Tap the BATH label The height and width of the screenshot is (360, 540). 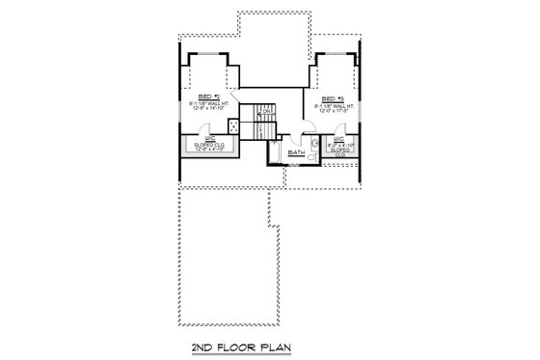pos(296,152)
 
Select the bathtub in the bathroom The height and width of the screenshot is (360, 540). pos(278,153)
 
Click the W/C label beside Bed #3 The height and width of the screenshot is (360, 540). pos(339,140)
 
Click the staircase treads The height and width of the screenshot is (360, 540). pos(252,124)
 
